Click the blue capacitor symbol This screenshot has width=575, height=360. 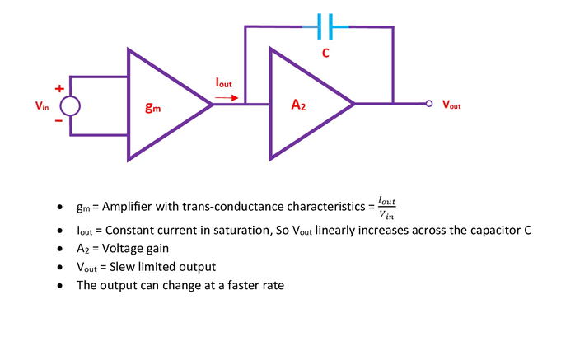pyautogui.click(x=327, y=28)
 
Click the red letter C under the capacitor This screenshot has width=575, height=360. pyautogui.click(x=326, y=53)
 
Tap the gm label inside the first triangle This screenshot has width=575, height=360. pyautogui.click(x=152, y=107)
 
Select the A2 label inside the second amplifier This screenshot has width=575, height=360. pyautogui.click(x=299, y=105)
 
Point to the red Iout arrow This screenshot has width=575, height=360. pyautogui.click(x=224, y=96)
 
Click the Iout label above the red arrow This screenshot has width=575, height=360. pyautogui.click(x=223, y=83)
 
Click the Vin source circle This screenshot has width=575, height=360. pyautogui.click(x=70, y=105)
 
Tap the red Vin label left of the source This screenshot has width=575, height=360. pyautogui.click(x=41, y=105)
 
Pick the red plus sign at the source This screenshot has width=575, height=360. pyautogui.click(x=58, y=88)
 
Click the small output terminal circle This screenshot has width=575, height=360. pyautogui.click(x=428, y=105)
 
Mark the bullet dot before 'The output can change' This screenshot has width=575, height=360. pyautogui.click(x=59, y=286)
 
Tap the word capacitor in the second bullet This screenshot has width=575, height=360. pyautogui.click(x=495, y=230)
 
